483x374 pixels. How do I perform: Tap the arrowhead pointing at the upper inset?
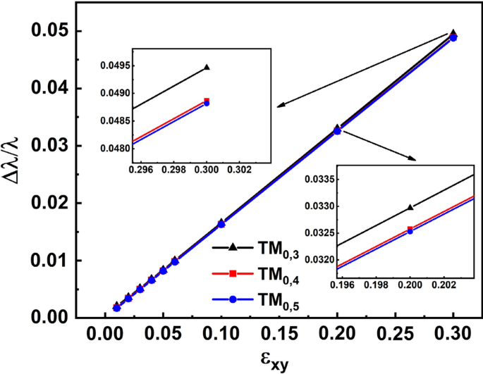click(x=280, y=106)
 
